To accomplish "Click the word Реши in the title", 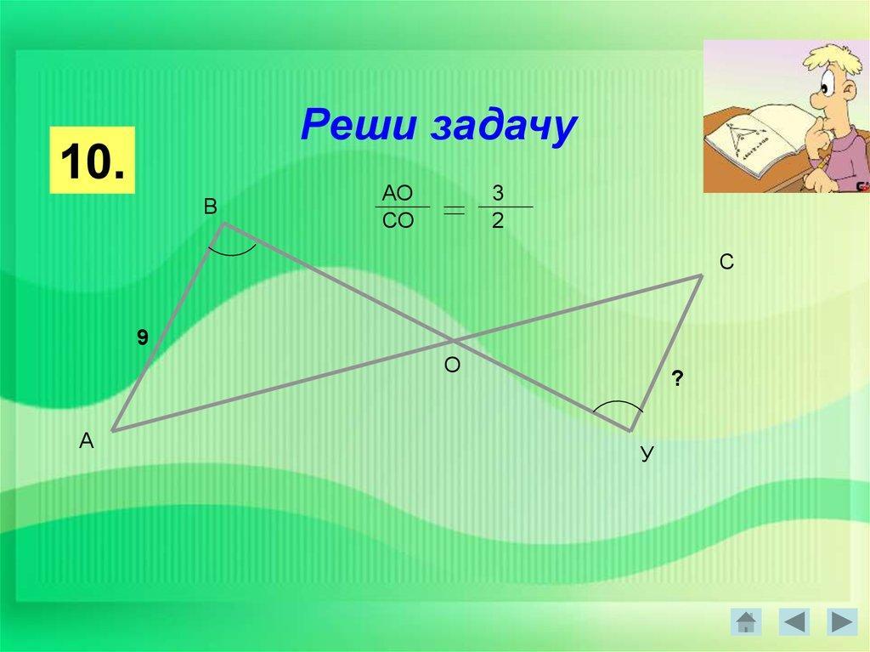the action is click(358, 124).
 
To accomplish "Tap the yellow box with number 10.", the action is click(92, 160).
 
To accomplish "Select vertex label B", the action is click(211, 207).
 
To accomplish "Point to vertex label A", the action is click(87, 440).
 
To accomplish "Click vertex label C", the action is click(726, 262).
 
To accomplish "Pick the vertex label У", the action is click(647, 453).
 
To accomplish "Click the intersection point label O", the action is click(452, 365).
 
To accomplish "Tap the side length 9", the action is click(143, 337).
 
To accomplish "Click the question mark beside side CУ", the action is click(677, 379).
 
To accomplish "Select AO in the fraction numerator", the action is click(398, 193).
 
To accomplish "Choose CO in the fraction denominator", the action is click(398, 220).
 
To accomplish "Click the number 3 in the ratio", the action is click(498, 193).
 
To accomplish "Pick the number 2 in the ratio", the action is click(498, 220).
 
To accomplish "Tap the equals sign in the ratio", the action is click(454, 209).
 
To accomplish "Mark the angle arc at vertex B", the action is click(232, 253).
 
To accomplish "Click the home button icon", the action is click(746, 621).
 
